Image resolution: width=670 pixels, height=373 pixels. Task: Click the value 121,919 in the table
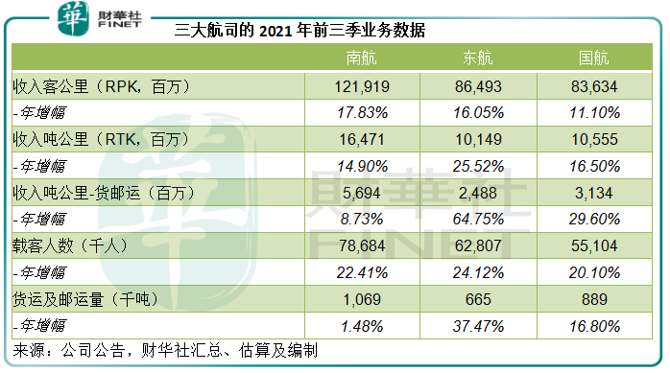(365, 86)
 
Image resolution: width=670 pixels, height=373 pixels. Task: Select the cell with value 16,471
(365, 139)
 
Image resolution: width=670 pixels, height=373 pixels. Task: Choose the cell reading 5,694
(365, 192)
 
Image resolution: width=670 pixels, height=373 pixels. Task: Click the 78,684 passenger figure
(365, 245)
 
